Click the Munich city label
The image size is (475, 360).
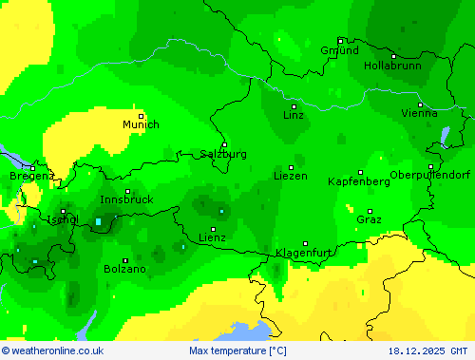[141, 124]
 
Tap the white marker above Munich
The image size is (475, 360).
[141, 115]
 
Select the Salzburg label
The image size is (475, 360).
[223, 154]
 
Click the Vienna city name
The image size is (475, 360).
[420, 113]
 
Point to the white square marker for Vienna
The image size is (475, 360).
[420, 104]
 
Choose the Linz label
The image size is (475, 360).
[294, 115]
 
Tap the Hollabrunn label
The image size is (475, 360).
[392, 66]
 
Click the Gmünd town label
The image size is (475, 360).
[339, 50]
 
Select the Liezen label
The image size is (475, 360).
[291, 176]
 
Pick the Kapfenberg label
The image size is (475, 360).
[358, 180]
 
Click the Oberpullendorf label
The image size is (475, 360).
[430, 175]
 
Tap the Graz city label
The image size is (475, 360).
[370, 219]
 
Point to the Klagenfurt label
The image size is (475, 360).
[304, 253]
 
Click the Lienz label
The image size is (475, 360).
[212, 237]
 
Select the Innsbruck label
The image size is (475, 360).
[126, 199]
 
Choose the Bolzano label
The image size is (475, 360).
[125, 269]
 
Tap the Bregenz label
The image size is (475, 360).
[31, 176]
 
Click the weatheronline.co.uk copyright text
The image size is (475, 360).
[53, 351]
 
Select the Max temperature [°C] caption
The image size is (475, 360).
[237, 351]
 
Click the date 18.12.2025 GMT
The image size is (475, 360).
[427, 351]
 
